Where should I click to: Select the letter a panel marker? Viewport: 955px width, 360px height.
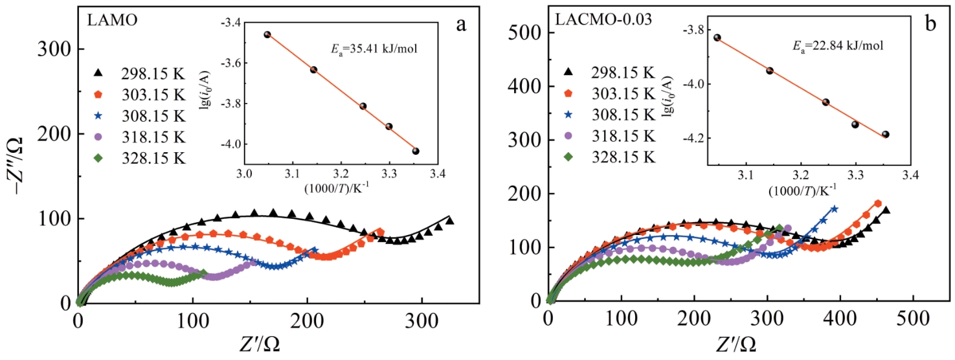click(461, 25)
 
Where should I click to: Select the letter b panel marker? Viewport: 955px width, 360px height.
click(930, 25)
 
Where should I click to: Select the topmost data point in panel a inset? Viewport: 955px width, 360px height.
click(267, 34)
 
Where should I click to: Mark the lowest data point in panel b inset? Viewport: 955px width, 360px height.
click(885, 134)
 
